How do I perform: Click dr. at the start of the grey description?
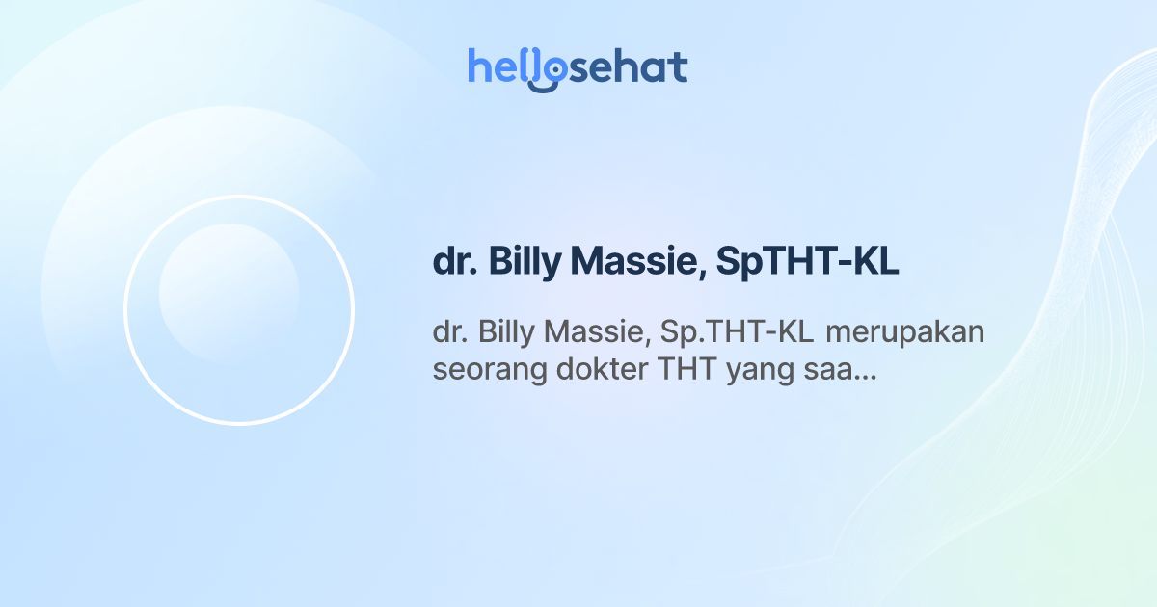[x=448, y=332]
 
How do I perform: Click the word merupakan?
[x=905, y=332]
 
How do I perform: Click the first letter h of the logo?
[x=479, y=67]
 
